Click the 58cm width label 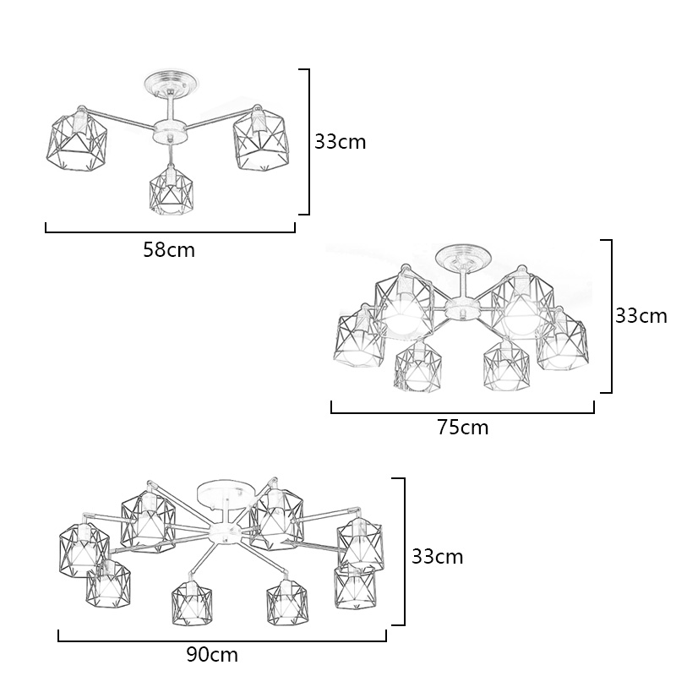coord(169,250)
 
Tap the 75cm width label coord(463,428)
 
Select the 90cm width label coord(212,654)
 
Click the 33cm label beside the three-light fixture coord(341,142)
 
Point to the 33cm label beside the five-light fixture coord(641,316)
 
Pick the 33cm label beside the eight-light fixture coord(437,557)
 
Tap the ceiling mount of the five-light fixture coord(460,257)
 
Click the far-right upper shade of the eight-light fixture coord(362,542)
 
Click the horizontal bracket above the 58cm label coord(170,230)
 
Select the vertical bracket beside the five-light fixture coord(610,316)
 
